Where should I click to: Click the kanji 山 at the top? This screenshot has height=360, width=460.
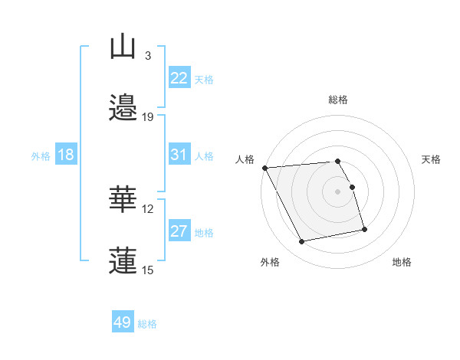(x=123, y=47)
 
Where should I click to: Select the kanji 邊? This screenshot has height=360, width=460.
(x=123, y=108)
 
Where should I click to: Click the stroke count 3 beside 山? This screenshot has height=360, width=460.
(x=147, y=56)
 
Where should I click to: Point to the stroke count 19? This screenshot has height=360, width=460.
(x=148, y=117)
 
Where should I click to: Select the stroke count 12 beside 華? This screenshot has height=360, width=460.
(x=148, y=208)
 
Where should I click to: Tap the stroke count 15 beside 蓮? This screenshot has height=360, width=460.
(x=148, y=270)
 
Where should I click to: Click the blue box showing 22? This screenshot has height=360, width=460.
(x=179, y=78)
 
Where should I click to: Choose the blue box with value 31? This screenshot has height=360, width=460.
(x=179, y=155)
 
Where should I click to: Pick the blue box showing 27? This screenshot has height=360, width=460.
(x=179, y=231)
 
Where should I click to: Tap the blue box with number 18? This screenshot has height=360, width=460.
(x=65, y=155)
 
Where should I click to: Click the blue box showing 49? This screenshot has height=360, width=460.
(x=122, y=322)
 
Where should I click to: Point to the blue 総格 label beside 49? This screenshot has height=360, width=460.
(x=147, y=324)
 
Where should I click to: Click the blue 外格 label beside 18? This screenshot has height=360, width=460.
(x=41, y=155)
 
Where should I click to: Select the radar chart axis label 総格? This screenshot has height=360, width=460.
(x=338, y=100)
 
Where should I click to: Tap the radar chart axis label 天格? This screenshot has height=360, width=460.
(x=432, y=159)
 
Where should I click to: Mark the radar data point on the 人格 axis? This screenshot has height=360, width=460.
(x=264, y=168)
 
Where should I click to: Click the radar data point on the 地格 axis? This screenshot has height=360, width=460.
(x=364, y=229)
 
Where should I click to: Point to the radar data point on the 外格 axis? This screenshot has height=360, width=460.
(x=302, y=242)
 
